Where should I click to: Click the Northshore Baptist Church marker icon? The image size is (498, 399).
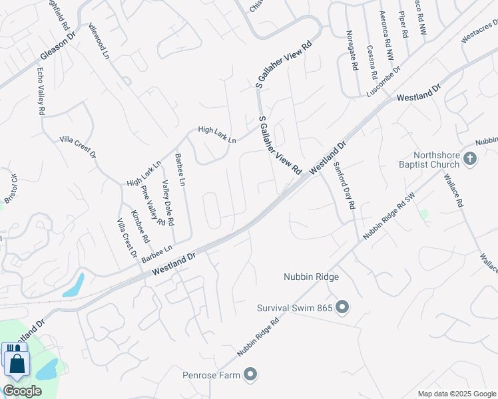click(471, 158)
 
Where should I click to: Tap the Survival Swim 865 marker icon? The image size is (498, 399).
click(342, 307)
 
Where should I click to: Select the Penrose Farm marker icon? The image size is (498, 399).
click(250, 375)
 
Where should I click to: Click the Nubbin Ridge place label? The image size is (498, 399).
click(311, 277)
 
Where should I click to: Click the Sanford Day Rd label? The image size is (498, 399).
click(343, 186)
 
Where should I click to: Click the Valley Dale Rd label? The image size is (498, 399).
click(168, 202)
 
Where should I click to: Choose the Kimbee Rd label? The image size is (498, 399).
click(140, 226)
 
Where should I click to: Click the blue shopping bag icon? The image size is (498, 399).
click(16, 363)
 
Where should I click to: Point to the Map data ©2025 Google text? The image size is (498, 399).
click(456, 394)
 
